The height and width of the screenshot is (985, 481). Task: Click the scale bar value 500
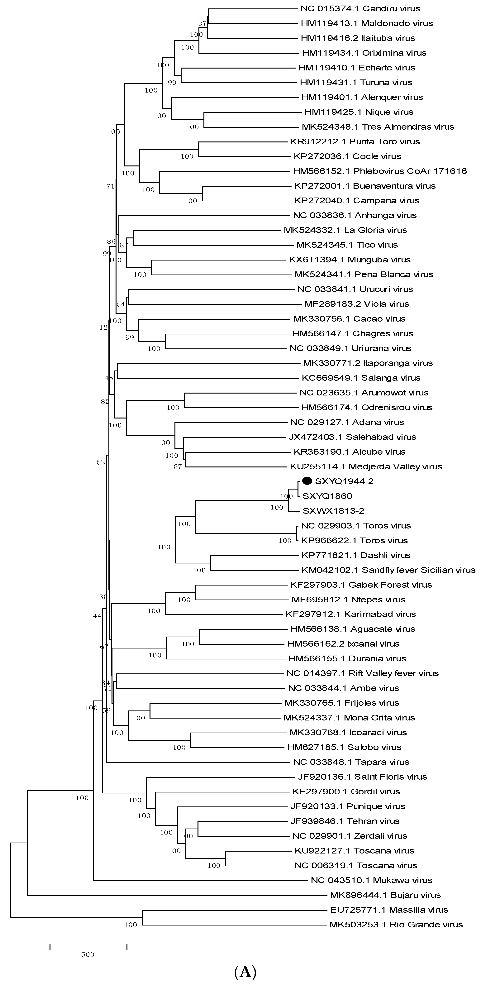click(88, 954)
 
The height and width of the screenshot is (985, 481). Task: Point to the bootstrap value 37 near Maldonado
click(202, 24)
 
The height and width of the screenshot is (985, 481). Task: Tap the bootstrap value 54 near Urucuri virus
click(121, 304)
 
